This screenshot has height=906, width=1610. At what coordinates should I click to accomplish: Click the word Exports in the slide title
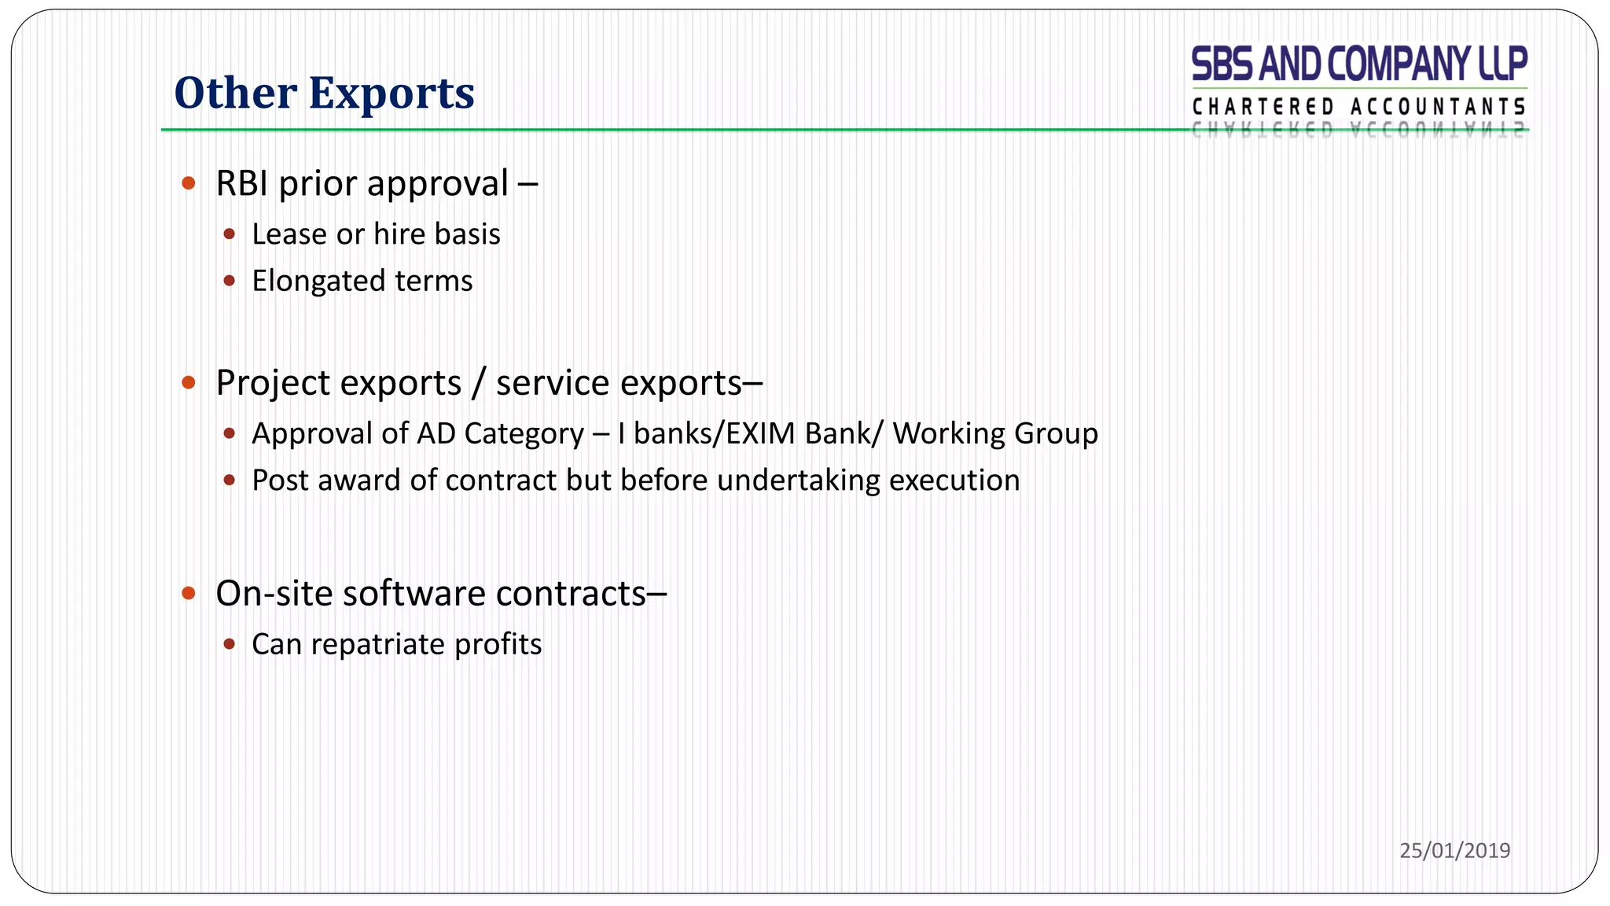coord(391,94)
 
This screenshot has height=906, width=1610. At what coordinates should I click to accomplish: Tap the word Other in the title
coord(234,94)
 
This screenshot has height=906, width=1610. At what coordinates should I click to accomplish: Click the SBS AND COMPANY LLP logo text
coord(1358,64)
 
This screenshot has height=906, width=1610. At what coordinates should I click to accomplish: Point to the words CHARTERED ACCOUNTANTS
coord(1358,107)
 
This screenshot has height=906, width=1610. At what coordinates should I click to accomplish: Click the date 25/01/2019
coord(1454,850)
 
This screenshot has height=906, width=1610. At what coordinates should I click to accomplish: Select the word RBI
coord(242,184)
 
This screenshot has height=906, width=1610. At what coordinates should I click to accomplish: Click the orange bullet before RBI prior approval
coord(188,184)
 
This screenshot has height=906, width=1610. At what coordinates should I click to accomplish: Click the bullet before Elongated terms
coord(229,281)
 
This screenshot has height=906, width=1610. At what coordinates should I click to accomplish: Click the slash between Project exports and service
coord(478,384)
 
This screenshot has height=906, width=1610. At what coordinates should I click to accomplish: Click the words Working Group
coord(995,434)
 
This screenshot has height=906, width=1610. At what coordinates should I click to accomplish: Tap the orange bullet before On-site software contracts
coord(188,593)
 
